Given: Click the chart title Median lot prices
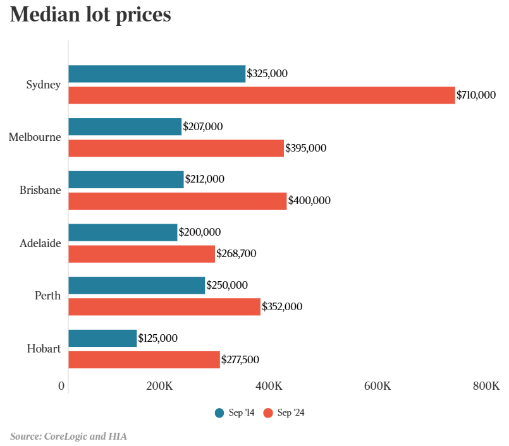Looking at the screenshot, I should [x=90, y=15].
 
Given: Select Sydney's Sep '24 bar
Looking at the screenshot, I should [x=261, y=95].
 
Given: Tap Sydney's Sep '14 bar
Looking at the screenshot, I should [x=157, y=74].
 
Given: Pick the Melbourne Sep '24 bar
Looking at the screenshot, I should [x=176, y=148].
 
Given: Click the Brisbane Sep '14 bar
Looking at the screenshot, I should [x=126, y=179].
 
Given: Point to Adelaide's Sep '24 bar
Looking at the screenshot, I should [x=142, y=254].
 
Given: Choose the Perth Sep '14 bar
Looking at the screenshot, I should [x=137, y=286].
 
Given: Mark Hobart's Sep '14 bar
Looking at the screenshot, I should [x=102, y=338].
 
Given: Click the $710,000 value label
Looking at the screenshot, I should [x=476, y=95].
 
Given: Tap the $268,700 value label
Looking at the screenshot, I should [x=236, y=254].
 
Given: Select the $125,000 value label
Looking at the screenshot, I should [x=158, y=338].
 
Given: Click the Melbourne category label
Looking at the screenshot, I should [x=35, y=137].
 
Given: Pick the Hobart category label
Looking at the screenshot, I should [x=44, y=349].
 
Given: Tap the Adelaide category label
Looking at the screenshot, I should [x=40, y=243].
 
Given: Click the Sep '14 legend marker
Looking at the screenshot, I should [x=219, y=413].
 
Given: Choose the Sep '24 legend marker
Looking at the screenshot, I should [x=267, y=413].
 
